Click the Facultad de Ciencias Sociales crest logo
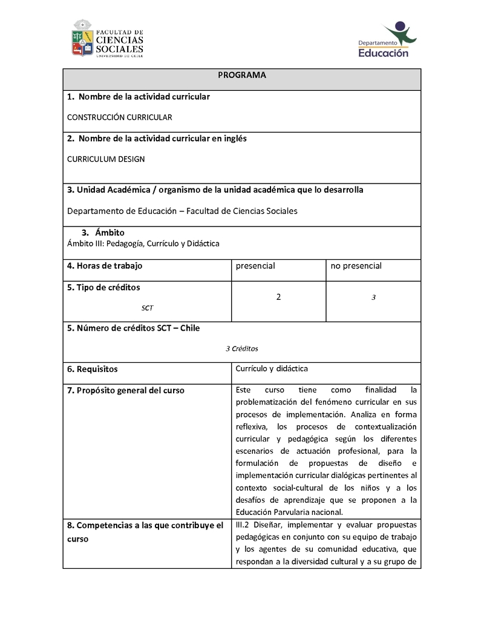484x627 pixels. pos(83,38)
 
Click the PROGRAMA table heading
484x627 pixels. pos(242,75)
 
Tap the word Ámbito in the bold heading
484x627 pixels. pos(110,233)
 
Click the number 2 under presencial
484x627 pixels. pos(278,297)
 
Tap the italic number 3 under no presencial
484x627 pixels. pos(374,297)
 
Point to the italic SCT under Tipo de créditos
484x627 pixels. pos(148,308)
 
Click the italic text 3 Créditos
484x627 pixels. pos(242,348)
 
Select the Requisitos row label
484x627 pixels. pos(93,369)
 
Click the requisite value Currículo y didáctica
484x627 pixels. pos(272,368)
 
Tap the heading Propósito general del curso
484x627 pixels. pos(126,391)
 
